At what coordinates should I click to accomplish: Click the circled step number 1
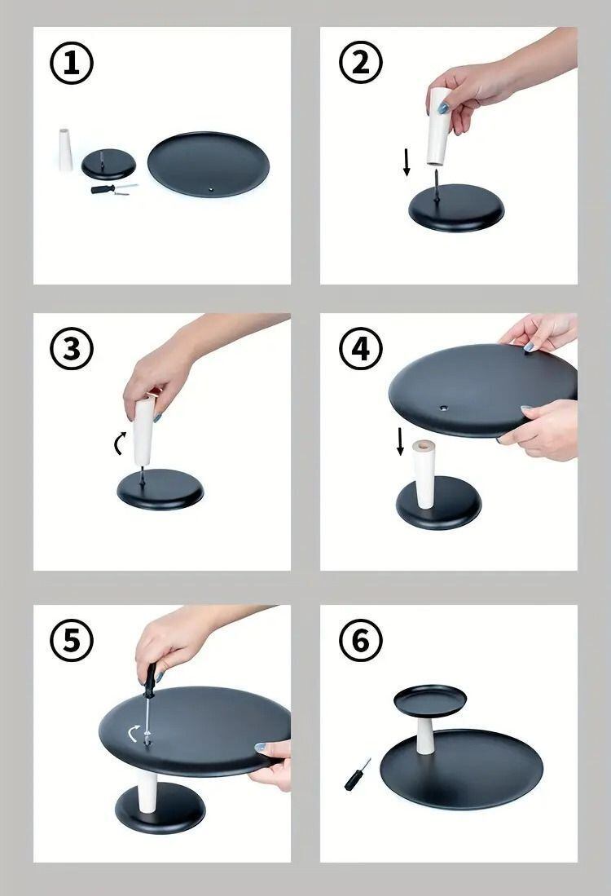(72, 64)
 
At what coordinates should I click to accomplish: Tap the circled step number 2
(361, 64)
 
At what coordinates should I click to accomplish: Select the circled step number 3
(72, 350)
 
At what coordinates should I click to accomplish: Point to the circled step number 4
(361, 350)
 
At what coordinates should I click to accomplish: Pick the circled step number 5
(72, 640)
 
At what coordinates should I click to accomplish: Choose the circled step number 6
(361, 640)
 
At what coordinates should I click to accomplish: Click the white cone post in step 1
(66, 150)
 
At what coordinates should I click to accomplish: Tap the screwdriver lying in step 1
(114, 189)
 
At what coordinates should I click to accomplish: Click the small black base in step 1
(108, 165)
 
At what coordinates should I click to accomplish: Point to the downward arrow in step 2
(407, 161)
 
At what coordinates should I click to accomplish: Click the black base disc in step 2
(456, 207)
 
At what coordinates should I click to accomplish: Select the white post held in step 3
(144, 430)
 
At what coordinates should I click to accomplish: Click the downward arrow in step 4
(400, 442)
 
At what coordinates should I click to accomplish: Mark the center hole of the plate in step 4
(443, 408)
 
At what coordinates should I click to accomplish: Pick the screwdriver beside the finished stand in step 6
(356, 775)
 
